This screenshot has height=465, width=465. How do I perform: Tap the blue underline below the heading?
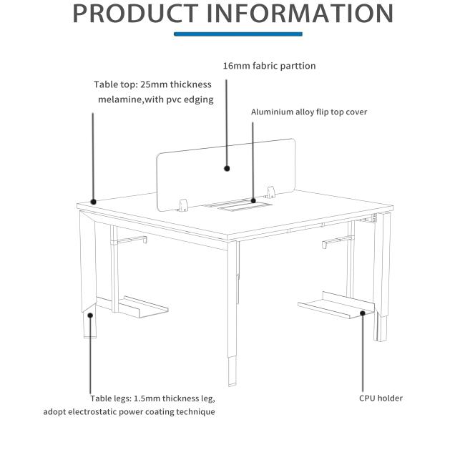[238, 34]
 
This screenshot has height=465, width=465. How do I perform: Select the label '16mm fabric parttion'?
[269, 66]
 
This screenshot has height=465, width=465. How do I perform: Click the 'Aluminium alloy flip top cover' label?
[308, 112]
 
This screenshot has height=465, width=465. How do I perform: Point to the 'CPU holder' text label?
[381, 398]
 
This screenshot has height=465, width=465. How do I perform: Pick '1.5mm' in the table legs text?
[147, 398]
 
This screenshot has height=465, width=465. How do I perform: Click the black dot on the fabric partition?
[227, 169]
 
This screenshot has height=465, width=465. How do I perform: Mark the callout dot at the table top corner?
[93, 202]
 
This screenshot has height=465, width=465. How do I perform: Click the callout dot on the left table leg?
[90, 314]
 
